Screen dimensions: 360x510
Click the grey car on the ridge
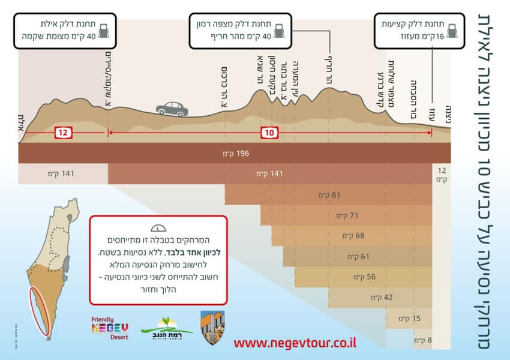tap(172, 109)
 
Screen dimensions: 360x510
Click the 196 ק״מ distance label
tap(235, 154)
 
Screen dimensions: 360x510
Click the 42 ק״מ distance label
tap(377, 298)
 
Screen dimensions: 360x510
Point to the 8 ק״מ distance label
tap(420, 340)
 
